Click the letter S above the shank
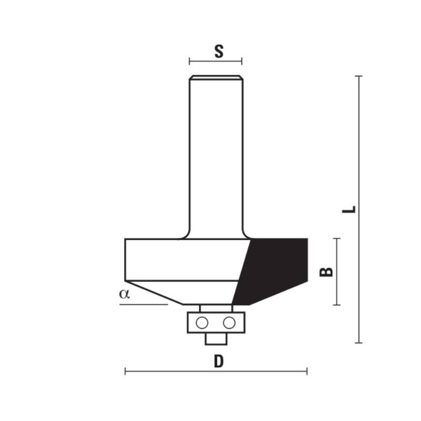[219, 52]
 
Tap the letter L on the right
[349, 209]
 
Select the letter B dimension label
[326, 272]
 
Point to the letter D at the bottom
[218, 361]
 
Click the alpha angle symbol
[124, 294]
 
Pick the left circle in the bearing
[202, 323]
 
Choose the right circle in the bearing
[229, 323]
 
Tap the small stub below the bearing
[216, 339]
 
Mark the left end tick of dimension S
[189, 61]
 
